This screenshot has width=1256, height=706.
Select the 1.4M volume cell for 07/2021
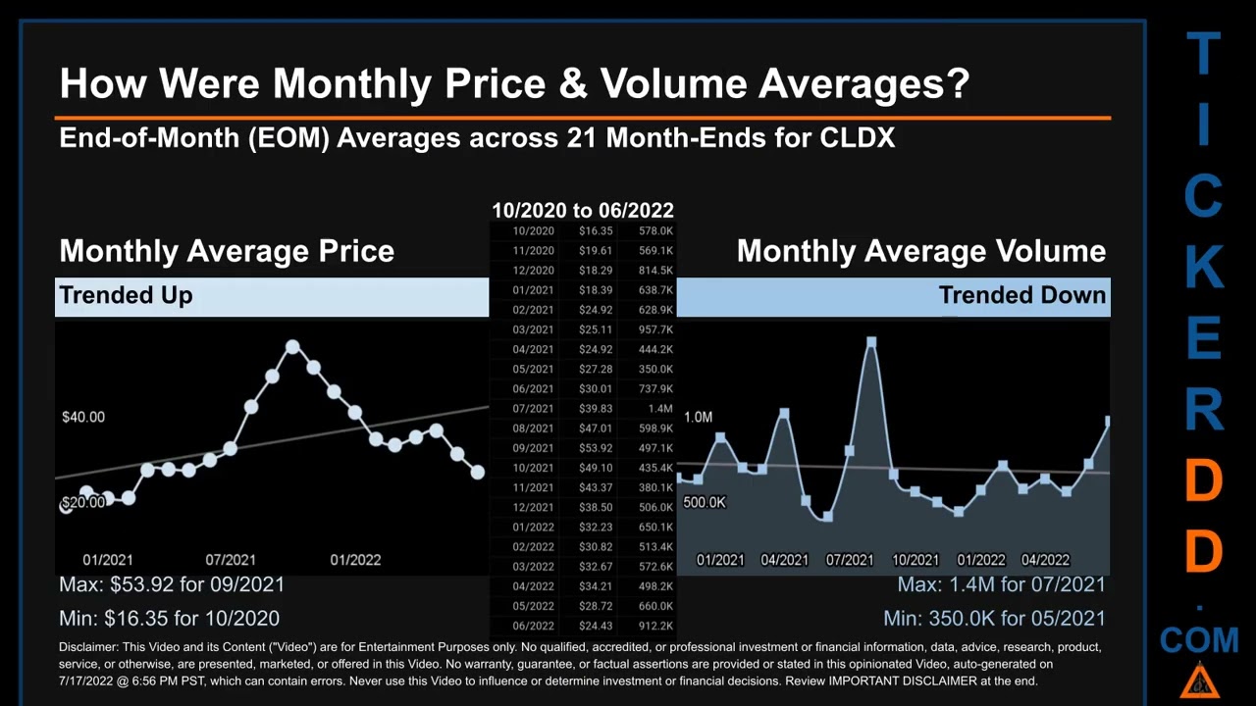[x=659, y=409]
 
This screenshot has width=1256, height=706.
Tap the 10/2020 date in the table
[x=533, y=231]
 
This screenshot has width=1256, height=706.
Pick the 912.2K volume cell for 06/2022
[x=654, y=627]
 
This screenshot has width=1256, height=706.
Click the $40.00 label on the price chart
[x=83, y=417]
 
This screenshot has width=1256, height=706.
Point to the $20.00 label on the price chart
[x=83, y=502]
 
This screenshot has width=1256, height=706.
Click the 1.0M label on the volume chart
[x=698, y=417]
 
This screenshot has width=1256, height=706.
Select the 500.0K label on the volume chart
[x=705, y=502]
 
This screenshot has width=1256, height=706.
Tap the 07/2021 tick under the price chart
[x=231, y=560]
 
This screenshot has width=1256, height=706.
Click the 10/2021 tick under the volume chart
[x=915, y=560]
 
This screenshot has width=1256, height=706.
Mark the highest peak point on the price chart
[x=292, y=347]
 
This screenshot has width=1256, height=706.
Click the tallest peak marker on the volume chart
[x=870, y=342]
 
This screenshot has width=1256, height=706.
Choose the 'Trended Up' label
[x=126, y=295]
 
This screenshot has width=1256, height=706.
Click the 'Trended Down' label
[x=1021, y=295]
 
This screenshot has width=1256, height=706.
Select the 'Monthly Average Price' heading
[x=227, y=251]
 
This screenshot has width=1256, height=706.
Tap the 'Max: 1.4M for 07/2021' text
[x=1001, y=584]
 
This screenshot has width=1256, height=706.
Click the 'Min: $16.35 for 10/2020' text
[x=169, y=619]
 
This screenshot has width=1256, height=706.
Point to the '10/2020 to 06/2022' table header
[x=582, y=211]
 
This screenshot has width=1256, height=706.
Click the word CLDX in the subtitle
[x=857, y=137]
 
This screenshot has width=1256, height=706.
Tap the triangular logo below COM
[x=1199, y=680]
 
